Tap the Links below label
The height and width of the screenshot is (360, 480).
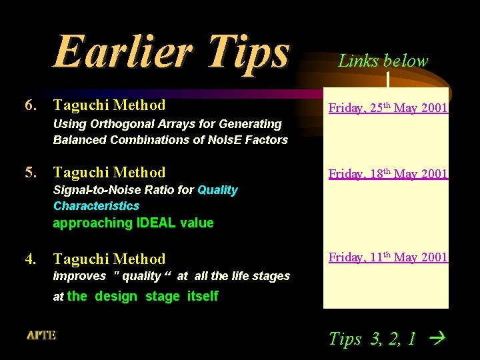coord(383,61)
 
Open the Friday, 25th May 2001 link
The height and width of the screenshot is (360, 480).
coord(387,108)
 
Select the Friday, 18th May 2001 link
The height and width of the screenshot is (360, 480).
coord(387,174)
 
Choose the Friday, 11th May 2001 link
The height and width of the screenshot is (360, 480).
coord(387,257)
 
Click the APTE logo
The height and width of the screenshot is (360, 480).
coord(41,335)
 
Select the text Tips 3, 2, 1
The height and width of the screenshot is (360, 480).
coord(372,339)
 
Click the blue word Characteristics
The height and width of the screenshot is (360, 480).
coord(96,206)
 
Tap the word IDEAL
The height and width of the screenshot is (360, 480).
coord(156,223)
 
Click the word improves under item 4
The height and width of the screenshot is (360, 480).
coord(79,276)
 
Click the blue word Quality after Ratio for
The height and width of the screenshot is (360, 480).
coord(217,190)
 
